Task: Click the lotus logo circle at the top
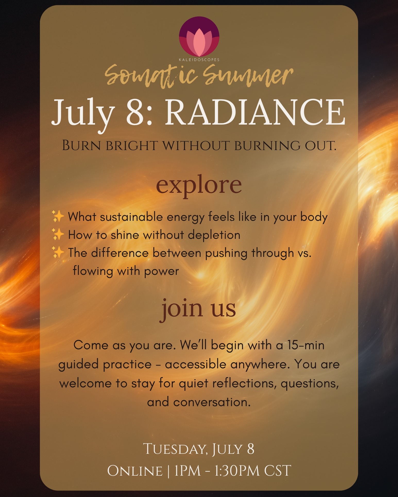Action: (199, 37)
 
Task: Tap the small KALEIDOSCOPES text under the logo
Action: (199, 60)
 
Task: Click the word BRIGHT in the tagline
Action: (132, 146)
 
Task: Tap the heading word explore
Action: (199, 185)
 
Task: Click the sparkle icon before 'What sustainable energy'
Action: (58, 216)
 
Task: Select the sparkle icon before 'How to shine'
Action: (58, 234)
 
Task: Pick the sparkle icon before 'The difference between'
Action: (58, 252)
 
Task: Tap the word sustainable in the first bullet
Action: (131, 217)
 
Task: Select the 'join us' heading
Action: (199, 309)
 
